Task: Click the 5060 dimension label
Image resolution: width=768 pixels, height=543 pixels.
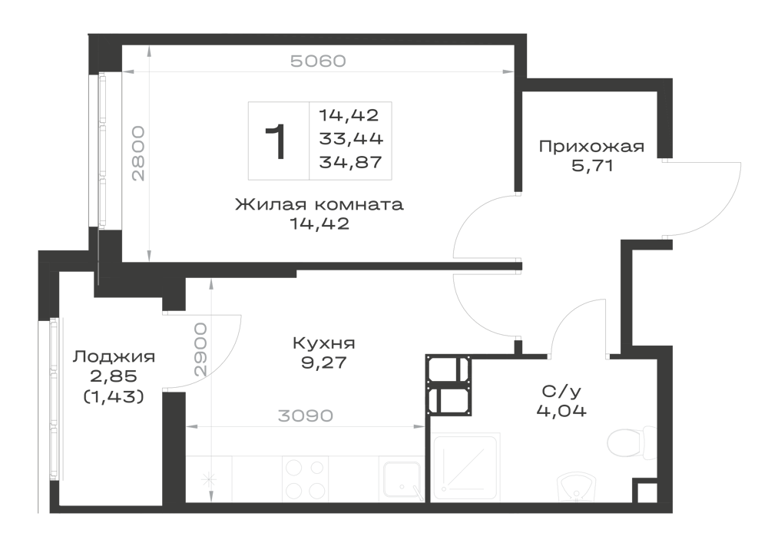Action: pos(318,61)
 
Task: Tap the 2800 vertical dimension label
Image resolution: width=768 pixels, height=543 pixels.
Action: pos(138,154)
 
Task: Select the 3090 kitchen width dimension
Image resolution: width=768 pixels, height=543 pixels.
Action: pos(305,416)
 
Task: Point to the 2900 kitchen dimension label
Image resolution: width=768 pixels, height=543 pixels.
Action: pos(200,349)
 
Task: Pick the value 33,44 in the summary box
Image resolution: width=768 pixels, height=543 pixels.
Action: pos(351,139)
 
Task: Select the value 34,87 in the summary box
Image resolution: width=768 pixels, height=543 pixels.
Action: pos(350,162)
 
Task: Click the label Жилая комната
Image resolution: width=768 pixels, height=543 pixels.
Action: pos(319,204)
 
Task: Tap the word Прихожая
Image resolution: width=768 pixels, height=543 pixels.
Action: pos(591,147)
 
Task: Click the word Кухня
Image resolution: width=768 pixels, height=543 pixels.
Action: pos(324,343)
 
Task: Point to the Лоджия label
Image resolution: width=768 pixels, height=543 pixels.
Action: pos(114,357)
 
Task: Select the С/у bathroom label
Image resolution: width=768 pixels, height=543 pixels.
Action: pos(561,391)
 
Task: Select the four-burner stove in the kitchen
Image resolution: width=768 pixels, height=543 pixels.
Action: pos(305,478)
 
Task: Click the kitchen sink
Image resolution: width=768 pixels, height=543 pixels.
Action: pos(402,479)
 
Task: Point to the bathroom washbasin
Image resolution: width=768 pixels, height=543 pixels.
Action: pos(578,487)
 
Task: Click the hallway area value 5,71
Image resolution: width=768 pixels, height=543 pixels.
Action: pos(591,166)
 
